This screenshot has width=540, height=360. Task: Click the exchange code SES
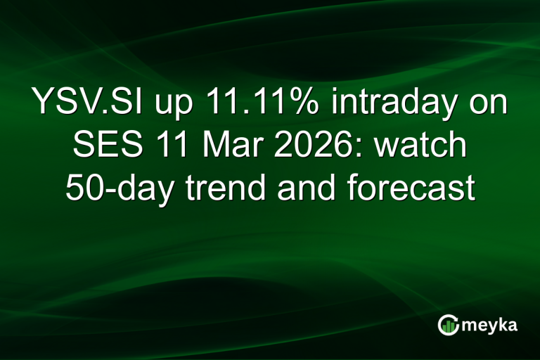point(103,147)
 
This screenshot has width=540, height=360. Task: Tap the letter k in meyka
point(503,324)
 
